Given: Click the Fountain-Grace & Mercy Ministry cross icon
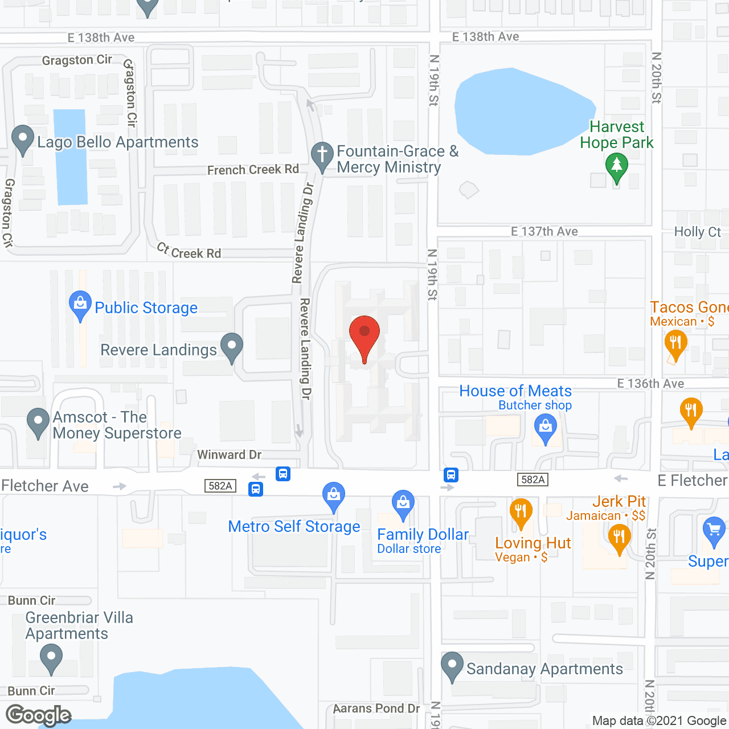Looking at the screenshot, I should point(322,155).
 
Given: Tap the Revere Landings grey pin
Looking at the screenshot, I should point(231,346).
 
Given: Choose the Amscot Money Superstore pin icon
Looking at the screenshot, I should point(38,422).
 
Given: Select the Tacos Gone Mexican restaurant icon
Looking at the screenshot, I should point(675,343).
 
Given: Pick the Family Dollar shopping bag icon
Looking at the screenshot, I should point(403,503).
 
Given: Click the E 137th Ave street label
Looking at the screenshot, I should point(544,231).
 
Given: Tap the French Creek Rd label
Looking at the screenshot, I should point(253,170).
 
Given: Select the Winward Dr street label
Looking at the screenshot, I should point(229,454).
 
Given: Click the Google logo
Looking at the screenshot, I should point(39,715).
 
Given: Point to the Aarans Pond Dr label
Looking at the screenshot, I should point(376,708).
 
